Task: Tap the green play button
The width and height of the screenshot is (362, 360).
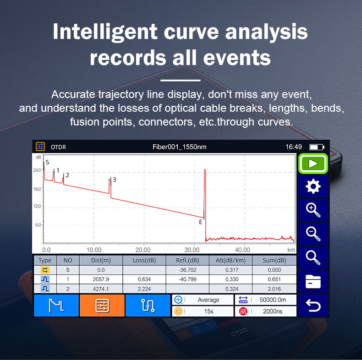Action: [x=313, y=164]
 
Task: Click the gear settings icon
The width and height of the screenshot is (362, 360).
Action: [x=313, y=186]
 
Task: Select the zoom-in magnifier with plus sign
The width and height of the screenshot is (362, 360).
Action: [x=313, y=210]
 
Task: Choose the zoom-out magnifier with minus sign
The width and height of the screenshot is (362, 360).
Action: [x=313, y=234]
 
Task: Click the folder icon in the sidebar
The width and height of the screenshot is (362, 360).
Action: [x=313, y=282]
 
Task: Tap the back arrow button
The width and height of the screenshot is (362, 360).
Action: [x=313, y=305]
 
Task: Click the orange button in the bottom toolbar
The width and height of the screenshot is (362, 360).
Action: [x=102, y=305]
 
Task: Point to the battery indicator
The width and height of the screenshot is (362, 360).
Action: [x=317, y=147]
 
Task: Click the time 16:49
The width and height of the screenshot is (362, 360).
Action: [x=293, y=147]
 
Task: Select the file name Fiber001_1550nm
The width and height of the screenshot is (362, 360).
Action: [x=179, y=147]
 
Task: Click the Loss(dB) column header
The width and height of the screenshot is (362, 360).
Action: [x=144, y=260]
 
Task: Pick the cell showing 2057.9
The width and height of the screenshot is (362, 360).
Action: [x=101, y=279]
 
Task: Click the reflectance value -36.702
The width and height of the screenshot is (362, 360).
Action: [x=187, y=270]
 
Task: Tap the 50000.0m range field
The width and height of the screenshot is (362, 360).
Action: [x=273, y=300]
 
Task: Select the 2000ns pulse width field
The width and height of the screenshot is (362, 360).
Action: [x=273, y=311]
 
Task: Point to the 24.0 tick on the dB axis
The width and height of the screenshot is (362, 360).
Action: [x=37, y=170]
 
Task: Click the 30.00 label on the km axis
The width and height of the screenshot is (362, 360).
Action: [x=192, y=250]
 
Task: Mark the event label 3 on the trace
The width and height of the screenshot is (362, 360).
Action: [x=115, y=180]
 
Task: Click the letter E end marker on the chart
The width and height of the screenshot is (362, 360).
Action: [x=201, y=222]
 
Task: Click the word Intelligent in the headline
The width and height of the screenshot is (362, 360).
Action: [x=105, y=32]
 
